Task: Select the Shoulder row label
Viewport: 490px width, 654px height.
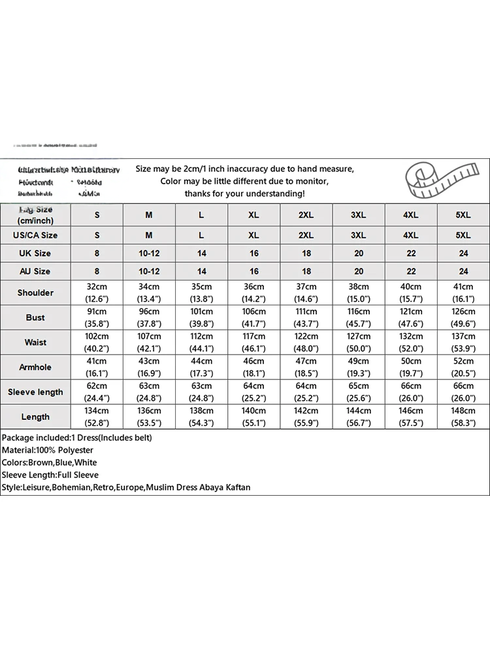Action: (35, 292)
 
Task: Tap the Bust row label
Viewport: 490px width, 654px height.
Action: (35, 317)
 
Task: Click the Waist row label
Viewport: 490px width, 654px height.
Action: (35, 342)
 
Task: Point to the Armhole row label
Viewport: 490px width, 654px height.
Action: (35, 367)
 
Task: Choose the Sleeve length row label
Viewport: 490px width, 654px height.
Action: (35, 392)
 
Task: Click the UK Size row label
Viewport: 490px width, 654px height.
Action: (35, 253)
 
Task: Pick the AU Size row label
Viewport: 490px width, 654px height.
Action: (35, 271)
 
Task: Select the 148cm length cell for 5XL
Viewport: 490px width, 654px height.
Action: (463, 411)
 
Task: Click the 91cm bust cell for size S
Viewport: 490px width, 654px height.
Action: (97, 311)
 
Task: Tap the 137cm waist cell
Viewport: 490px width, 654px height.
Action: (463, 336)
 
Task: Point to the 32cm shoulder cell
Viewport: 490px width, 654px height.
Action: (97, 286)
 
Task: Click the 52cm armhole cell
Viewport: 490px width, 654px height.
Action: (463, 361)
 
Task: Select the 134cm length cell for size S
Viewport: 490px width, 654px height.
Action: (97, 411)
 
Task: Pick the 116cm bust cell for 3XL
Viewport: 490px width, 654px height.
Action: (359, 311)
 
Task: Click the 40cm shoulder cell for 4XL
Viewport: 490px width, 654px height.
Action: (411, 286)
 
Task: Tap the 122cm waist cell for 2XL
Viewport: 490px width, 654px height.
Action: (306, 336)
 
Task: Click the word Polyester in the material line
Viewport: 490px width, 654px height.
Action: (75, 450)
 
